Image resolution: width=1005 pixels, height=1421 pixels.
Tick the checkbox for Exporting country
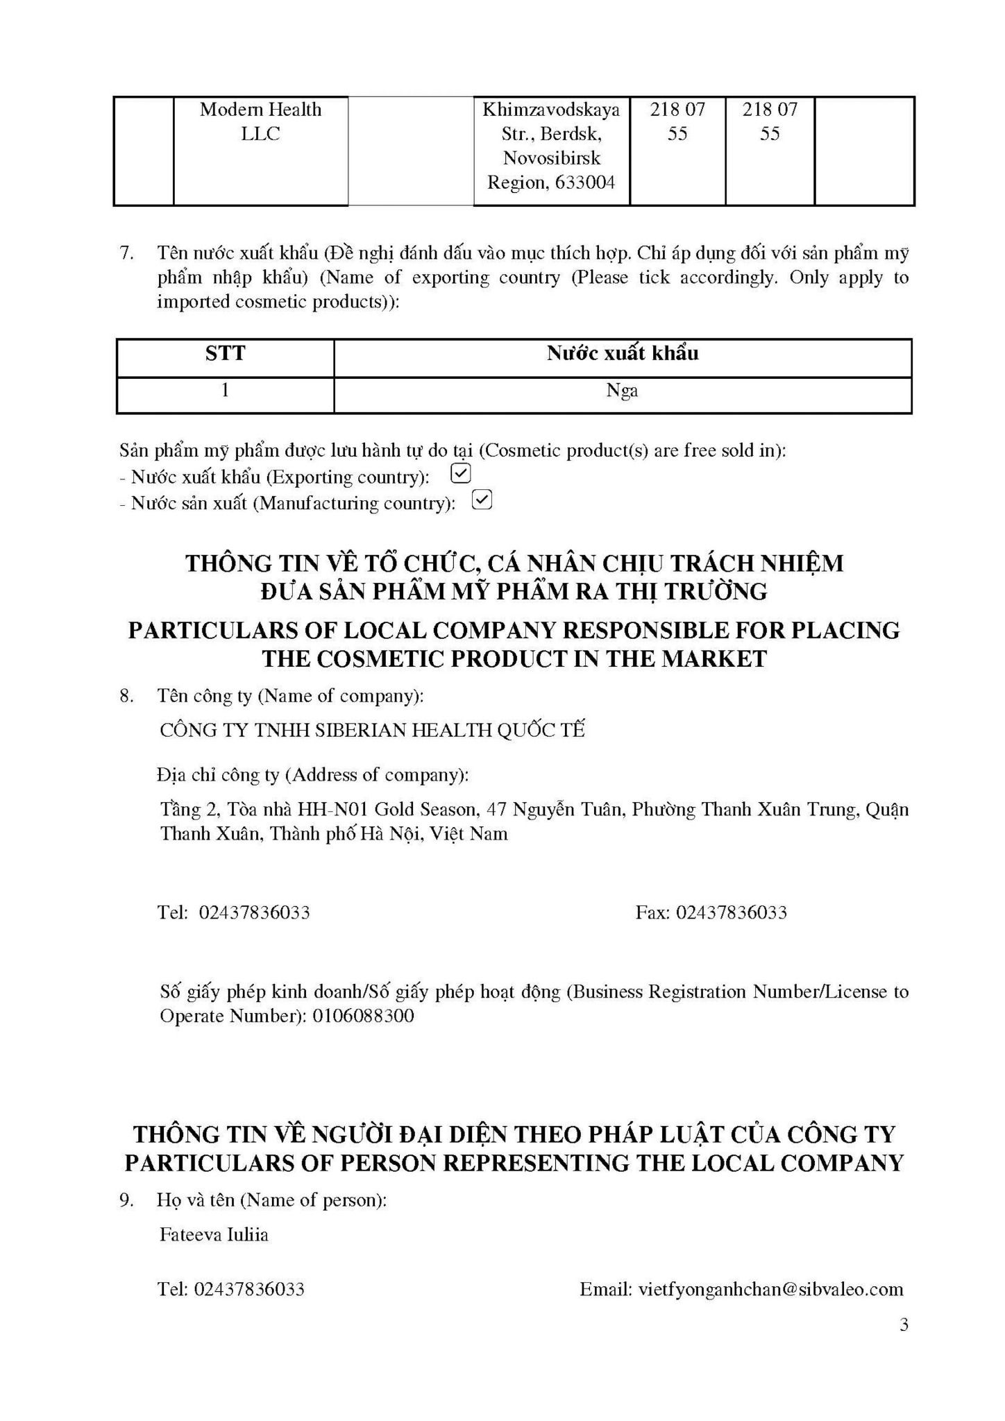[461, 474]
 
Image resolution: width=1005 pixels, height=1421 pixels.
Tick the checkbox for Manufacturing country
[482, 500]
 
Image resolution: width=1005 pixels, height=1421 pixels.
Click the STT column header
[225, 354]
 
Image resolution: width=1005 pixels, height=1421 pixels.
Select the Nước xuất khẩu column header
[622, 354]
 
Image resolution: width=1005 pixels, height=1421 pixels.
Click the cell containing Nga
[622, 391]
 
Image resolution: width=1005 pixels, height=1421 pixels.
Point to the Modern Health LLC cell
[260, 121]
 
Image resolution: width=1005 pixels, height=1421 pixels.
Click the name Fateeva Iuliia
[214, 1234]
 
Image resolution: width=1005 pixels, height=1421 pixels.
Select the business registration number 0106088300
[363, 1016]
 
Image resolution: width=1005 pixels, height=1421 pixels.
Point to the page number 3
[904, 1325]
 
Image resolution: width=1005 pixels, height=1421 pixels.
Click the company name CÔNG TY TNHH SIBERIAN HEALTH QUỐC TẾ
[372, 730]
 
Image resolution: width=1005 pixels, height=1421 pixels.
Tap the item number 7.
[126, 253]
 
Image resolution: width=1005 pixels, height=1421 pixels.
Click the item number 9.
[126, 1200]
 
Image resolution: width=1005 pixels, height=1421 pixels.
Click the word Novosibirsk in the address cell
[552, 158]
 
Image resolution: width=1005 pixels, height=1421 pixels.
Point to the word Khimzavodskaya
[551, 110]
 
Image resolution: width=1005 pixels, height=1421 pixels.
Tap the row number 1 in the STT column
[225, 391]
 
